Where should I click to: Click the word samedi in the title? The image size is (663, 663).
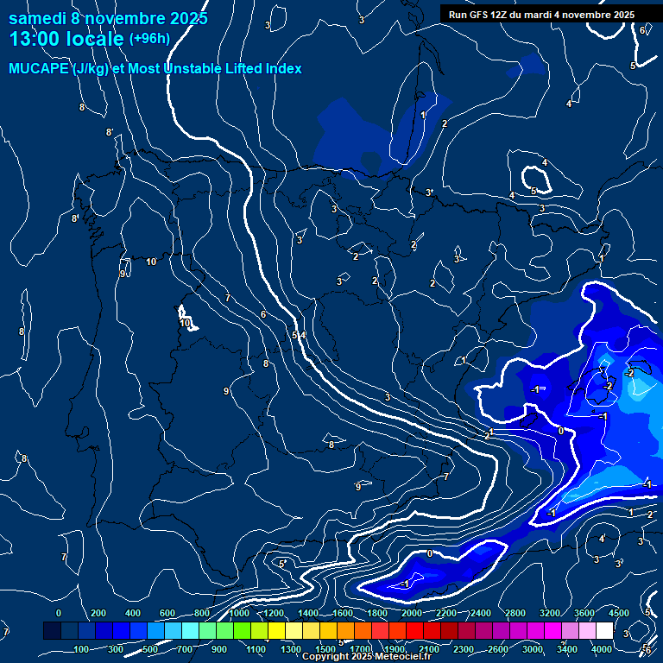click(38, 18)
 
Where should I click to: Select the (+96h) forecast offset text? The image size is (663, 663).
click(149, 39)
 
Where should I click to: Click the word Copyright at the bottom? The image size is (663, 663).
click(326, 657)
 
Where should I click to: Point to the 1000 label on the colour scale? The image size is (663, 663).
click(239, 613)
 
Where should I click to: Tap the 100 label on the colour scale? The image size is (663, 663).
click(81, 649)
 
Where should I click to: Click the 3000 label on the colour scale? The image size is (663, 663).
click(533, 649)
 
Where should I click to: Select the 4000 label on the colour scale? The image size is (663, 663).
click(602, 649)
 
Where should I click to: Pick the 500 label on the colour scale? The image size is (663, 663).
click(150, 649)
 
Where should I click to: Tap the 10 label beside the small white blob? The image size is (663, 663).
click(186, 323)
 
